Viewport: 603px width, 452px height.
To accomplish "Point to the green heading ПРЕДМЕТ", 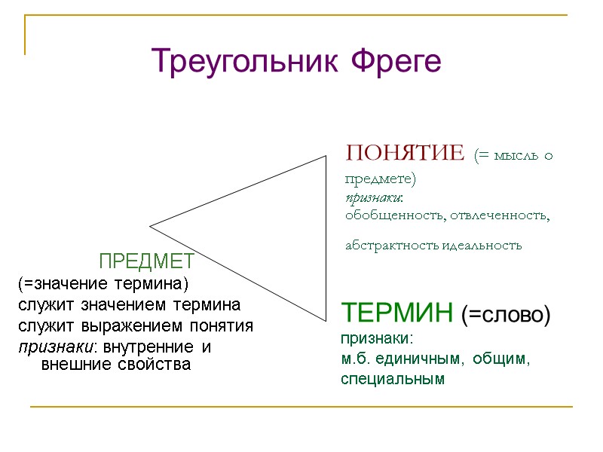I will coord(147,261).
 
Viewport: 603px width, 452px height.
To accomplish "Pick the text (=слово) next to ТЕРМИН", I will coord(506,313).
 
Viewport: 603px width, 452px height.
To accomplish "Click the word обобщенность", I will coord(389,215).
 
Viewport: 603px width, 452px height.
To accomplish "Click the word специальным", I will coord(393,379).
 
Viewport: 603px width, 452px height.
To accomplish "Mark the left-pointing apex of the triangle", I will coord(150,225).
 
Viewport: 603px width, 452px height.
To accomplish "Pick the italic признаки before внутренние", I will coord(54,347).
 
